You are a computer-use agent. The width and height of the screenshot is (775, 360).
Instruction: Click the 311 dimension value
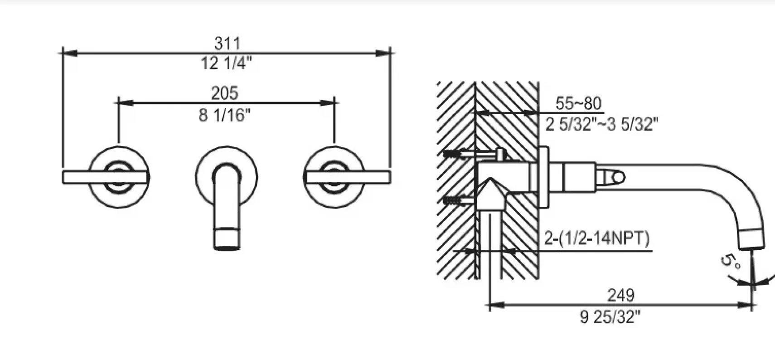227,44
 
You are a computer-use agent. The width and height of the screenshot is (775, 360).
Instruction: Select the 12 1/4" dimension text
227,63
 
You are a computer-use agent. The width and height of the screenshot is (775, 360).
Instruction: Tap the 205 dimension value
224,93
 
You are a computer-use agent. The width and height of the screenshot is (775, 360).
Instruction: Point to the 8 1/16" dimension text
224,115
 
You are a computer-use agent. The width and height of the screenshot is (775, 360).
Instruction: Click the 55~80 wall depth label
578,103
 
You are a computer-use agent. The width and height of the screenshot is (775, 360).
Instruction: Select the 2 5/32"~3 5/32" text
602,124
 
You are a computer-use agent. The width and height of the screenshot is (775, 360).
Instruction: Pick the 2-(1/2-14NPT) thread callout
597,238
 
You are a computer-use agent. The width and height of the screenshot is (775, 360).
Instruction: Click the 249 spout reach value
621,295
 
